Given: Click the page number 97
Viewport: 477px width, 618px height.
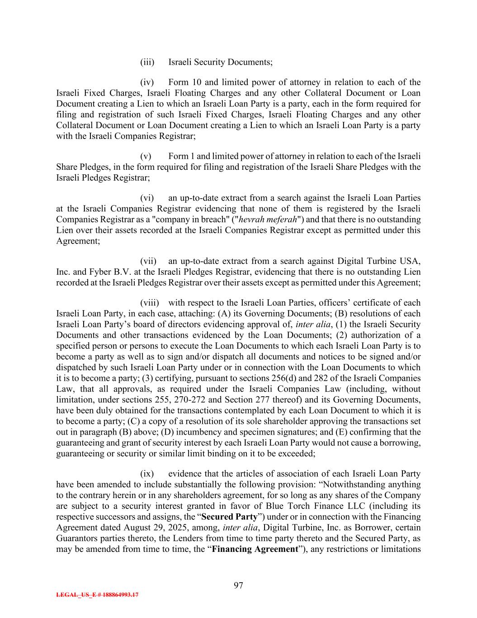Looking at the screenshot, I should point(238,585).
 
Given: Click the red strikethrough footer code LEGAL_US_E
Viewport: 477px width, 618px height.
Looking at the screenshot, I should point(97,595).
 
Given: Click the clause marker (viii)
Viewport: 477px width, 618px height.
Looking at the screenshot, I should point(150,303).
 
